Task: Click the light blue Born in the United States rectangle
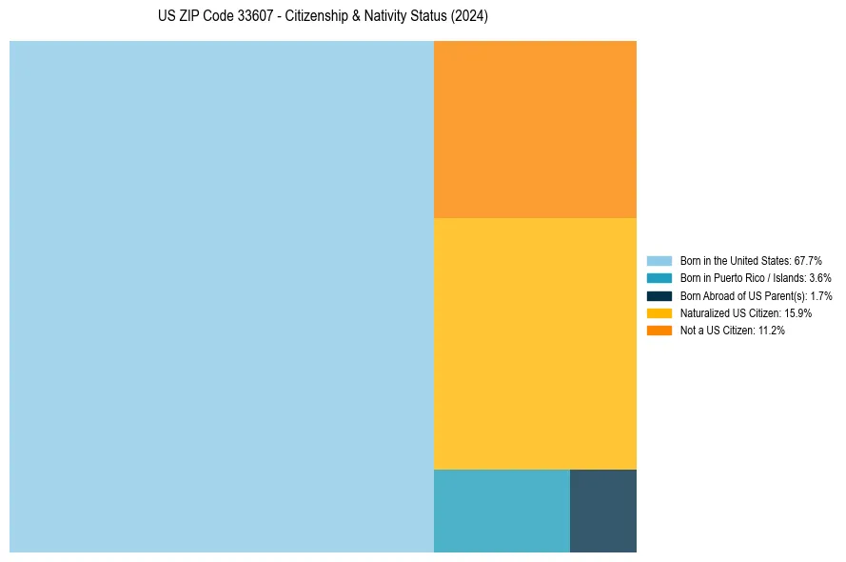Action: click(221, 296)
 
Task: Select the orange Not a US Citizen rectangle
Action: click(535, 130)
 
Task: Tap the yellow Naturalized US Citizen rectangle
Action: click(535, 343)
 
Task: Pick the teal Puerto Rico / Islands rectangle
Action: click(502, 511)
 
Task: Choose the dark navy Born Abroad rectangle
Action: click(603, 511)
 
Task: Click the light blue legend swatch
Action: click(659, 260)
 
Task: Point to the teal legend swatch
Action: click(659, 278)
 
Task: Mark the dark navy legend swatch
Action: click(659, 295)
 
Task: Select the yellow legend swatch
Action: click(659, 312)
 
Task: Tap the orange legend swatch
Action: click(659, 330)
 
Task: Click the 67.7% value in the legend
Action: click(808, 260)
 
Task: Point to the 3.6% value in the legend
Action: click(819, 278)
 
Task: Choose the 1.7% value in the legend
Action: click(821, 295)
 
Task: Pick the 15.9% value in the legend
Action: click(797, 312)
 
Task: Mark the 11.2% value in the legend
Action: click(772, 330)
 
